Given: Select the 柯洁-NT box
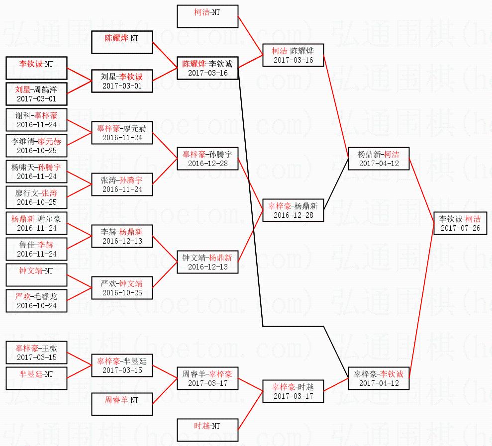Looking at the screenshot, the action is (207, 16).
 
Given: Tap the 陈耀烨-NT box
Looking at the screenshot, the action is (121, 42).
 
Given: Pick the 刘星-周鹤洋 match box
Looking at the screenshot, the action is (36, 94).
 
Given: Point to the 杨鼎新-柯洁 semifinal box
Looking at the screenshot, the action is (378, 158).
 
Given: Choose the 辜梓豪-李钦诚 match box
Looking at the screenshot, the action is (378, 378).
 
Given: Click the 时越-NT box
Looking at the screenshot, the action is (207, 430).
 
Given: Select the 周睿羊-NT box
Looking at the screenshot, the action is (121, 404).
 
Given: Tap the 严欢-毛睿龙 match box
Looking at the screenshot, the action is (36, 301).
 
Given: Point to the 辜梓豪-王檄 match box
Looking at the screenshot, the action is (36, 353).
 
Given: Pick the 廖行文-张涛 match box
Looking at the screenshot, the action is (36, 197).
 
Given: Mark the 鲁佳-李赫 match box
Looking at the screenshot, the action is (36, 249).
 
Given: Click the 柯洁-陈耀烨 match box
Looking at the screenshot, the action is (293, 55).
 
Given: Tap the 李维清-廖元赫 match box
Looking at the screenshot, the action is (36, 146).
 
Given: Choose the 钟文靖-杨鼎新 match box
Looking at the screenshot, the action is (207, 262).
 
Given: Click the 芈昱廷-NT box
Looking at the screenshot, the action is (36, 378).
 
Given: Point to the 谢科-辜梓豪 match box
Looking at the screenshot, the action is (36, 120).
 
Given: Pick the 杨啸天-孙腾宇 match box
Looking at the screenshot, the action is (36, 172).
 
